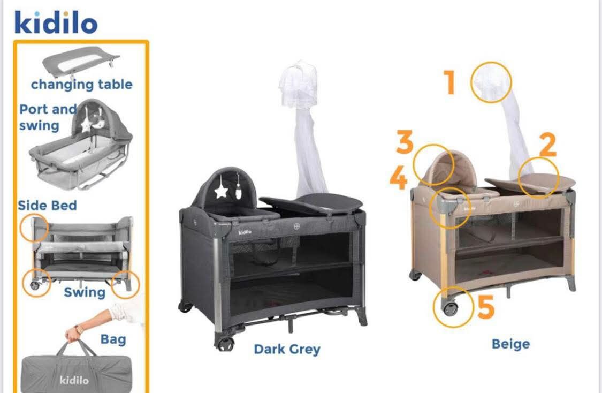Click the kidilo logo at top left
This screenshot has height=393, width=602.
click(x=56, y=22)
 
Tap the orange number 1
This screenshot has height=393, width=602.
click(x=449, y=82)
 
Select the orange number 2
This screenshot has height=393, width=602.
click(x=548, y=145)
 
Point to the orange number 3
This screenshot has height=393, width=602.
click(x=405, y=142)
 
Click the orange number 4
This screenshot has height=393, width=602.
click(x=399, y=178)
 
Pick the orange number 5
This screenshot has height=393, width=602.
click(x=486, y=307)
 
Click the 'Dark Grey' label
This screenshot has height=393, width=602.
click(x=287, y=349)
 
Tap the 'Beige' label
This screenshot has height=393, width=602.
click(x=510, y=344)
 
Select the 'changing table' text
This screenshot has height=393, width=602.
click(x=81, y=85)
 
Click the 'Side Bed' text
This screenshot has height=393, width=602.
click(x=47, y=205)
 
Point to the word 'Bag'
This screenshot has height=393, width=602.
click(x=113, y=339)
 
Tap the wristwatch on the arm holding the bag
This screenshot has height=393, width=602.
click(x=79, y=330)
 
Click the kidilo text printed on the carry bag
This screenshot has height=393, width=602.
click(x=74, y=380)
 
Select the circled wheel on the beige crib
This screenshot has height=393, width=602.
click(x=451, y=308)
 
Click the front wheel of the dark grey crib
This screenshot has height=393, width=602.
click(x=226, y=343)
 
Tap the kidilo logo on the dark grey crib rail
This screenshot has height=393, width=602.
click(x=245, y=232)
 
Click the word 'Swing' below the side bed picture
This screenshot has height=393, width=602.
click(x=85, y=292)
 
